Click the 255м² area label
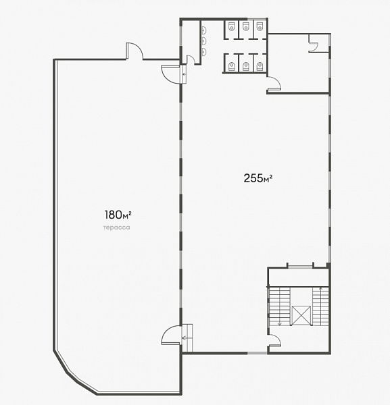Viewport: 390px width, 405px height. point(258,178)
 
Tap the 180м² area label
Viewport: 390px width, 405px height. point(118,215)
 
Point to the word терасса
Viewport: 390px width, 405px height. point(116,227)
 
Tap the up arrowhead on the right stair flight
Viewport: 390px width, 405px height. point(321,288)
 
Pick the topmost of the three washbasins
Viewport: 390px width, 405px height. point(205,30)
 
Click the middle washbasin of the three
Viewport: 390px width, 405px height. point(205,40)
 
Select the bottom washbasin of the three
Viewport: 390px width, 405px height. point(205,51)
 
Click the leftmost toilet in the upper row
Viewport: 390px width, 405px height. point(231,26)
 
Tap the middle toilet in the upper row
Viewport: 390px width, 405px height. point(245,26)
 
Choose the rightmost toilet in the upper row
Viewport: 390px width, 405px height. point(260,26)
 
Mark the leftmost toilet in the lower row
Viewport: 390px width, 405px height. point(231,66)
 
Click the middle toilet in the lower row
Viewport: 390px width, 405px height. point(245,66)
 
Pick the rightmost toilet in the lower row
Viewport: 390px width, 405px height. point(260,66)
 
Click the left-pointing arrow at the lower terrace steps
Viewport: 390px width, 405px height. point(185,337)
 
